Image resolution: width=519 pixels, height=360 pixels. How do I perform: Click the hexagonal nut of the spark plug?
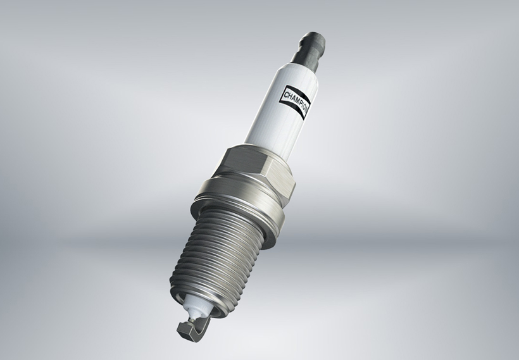coord(253,171)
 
